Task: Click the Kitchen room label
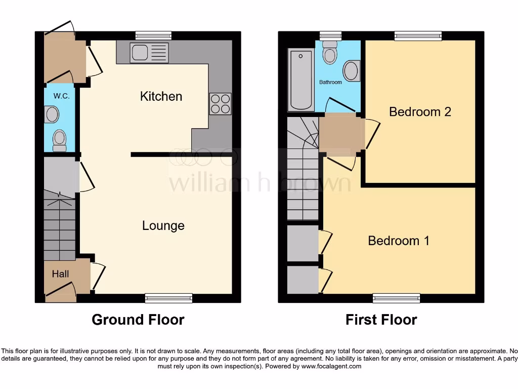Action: pyautogui.click(x=161, y=96)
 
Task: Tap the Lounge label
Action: pyautogui.click(x=163, y=226)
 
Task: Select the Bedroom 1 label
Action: pyautogui.click(x=399, y=241)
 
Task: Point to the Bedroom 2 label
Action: pyautogui.click(x=420, y=112)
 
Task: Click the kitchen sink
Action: pyautogui.click(x=149, y=53)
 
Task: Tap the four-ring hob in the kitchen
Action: pyautogui.click(x=220, y=104)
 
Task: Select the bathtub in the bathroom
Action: pyautogui.click(x=300, y=80)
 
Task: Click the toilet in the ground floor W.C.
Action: pyautogui.click(x=60, y=140)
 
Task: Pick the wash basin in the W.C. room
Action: pyautogui.click(x=52, y=114)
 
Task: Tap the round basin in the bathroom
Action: pyautogui.click(x=352, y=71)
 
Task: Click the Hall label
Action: pyautogui.click(x=60, y=274)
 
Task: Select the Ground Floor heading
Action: pyautogui.click(x=138, y=320)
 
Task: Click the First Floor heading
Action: pyautogui.click(x=381, y=320)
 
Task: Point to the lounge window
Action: pyautogui.click(x=168, y=298)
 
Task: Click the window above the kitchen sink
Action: pyautogui.click(x=153, y=35)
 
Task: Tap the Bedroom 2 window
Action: pyautogui.click(x=418, y=35)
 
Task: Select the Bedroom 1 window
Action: pyautogui.click(x=396, y=298)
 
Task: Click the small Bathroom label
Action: pyautogui.click(x=330, y=82)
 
